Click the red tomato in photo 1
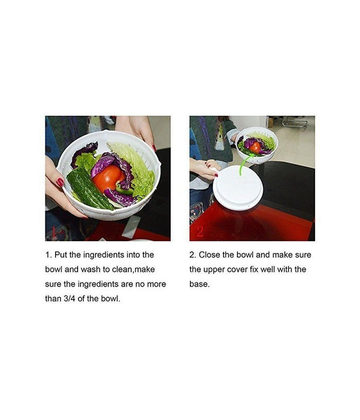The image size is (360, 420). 107,179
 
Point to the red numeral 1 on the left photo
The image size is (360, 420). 54,232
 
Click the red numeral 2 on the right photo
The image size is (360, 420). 200,232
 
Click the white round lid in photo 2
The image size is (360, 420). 238,188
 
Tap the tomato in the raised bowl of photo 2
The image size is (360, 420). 255,147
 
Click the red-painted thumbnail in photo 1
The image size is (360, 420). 60,182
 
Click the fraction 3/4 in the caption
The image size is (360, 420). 70,299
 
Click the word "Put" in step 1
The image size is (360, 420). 61,255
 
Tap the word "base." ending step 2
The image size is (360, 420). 199,284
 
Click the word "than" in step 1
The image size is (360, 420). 53,299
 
